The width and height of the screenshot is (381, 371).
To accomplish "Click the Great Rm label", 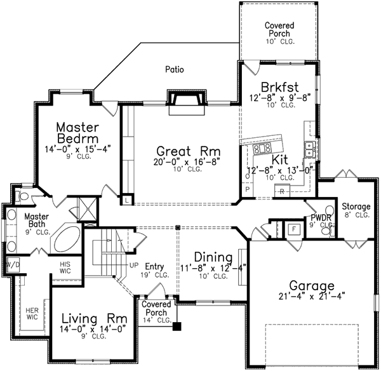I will coord(180,151).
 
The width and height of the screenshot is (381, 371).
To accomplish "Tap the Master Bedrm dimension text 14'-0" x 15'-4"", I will coord(75,149).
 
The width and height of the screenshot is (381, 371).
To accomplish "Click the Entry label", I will coord(154,266).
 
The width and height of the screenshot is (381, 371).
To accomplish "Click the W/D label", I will coord(12,263).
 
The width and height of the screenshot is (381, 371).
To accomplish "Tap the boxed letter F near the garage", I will coord(293,229).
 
